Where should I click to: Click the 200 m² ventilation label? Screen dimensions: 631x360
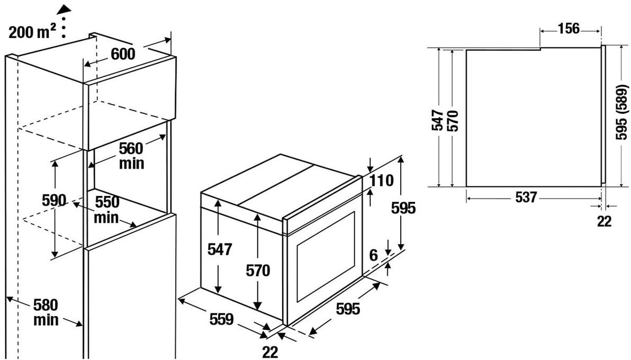[33, 32]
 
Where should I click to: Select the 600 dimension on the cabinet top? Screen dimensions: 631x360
[123, 54]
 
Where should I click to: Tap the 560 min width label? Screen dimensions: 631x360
[131, 155]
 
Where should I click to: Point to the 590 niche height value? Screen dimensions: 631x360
[54, 200]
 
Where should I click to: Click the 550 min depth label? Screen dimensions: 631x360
[107, 209]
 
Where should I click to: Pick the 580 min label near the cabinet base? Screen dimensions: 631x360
[46, 312]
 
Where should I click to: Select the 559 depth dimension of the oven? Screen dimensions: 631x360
[221, 319]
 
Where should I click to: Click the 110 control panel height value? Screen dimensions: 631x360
[382, 181]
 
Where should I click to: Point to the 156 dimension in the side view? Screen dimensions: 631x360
[569, 29]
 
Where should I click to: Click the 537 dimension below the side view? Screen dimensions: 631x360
[526, 197]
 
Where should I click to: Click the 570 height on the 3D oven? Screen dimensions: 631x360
[258, 271]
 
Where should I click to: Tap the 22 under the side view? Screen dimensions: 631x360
[604, 221]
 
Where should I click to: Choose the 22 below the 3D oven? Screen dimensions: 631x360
[270, 352]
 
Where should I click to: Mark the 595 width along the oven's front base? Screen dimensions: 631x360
[348, 308]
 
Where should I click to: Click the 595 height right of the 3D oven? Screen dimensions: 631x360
[403, 208]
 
